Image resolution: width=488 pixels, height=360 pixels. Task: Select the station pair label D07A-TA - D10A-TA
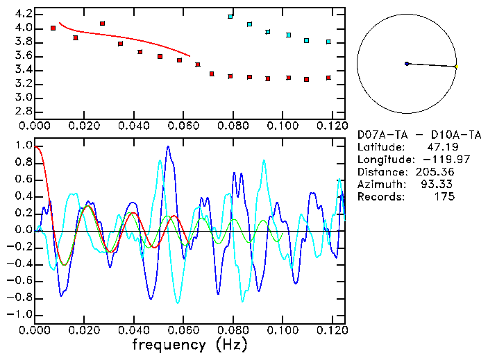(419, 134)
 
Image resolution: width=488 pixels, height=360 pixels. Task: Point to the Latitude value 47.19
(441, 147)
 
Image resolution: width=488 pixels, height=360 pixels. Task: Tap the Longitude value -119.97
(435, 160)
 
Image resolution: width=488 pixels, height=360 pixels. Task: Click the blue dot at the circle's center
(407, 64)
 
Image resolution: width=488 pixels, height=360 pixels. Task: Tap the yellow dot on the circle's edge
(456, 67)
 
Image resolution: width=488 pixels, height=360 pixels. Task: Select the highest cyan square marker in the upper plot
(230, 16)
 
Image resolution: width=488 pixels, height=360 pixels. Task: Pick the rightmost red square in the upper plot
(328, 78)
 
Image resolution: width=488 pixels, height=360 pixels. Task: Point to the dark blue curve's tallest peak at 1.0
(167, 147)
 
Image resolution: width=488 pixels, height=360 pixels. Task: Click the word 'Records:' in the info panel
(380, 197)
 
